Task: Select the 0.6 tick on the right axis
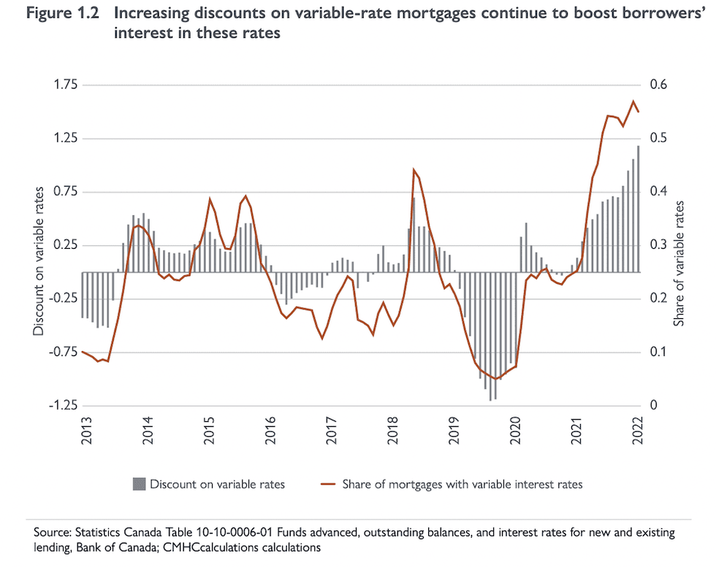tap(659, 85)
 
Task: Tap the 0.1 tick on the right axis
tap(659, 352)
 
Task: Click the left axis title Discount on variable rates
tap(37, 261)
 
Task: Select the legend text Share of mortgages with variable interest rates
tap(462, 484)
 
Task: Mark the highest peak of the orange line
tap(633, 101)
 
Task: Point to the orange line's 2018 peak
tap(414, 170)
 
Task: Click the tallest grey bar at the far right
tap(638, 208)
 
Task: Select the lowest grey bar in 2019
tap(490, 336)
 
